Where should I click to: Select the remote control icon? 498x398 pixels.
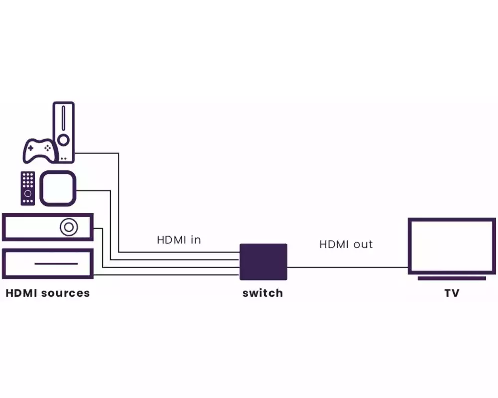28,188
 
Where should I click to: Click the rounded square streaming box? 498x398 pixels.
58,188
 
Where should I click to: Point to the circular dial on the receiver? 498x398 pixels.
68,227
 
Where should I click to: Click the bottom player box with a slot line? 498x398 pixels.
48,263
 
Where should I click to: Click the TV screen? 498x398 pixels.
451,246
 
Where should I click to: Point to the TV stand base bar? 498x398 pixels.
451,278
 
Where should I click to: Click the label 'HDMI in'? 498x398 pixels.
179,240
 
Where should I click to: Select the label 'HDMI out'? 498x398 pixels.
346,244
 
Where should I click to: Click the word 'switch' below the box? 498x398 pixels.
262,293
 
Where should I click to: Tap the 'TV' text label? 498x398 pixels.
451,293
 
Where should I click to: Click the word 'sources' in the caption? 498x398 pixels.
66,293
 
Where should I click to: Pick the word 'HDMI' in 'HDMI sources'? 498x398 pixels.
21,293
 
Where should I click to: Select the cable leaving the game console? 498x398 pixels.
119,199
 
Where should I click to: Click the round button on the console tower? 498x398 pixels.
63,139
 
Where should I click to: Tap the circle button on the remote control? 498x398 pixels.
28,193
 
